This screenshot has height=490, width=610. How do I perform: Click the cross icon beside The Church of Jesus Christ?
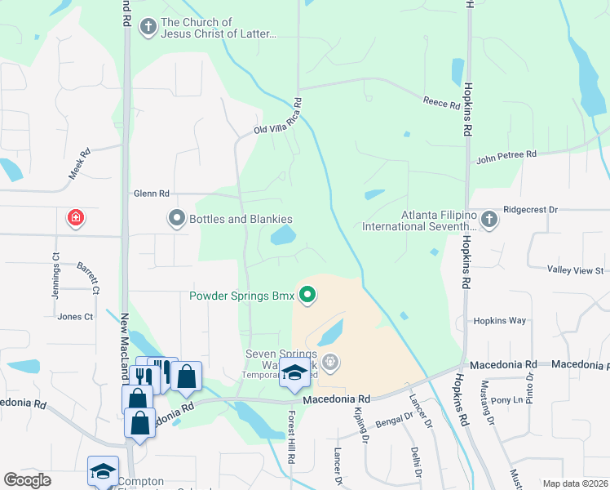[148, 28]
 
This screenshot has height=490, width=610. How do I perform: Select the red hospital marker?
[75, 218]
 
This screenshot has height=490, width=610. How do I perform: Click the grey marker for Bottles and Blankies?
[176, 219]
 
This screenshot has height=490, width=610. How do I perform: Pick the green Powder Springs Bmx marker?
[307, 296]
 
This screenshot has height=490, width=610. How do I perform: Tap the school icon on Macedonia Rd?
[294, 374]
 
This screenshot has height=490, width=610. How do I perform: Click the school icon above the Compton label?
[104, 471]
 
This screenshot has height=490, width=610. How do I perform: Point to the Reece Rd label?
[441, 102]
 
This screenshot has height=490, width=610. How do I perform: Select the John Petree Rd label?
[506, 154]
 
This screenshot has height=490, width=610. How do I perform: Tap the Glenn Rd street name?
[152, 194]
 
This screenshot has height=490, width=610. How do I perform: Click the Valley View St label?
[575, 270]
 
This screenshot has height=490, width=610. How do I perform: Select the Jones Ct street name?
[74, 316]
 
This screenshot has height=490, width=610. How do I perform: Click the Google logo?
[28, 479]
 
